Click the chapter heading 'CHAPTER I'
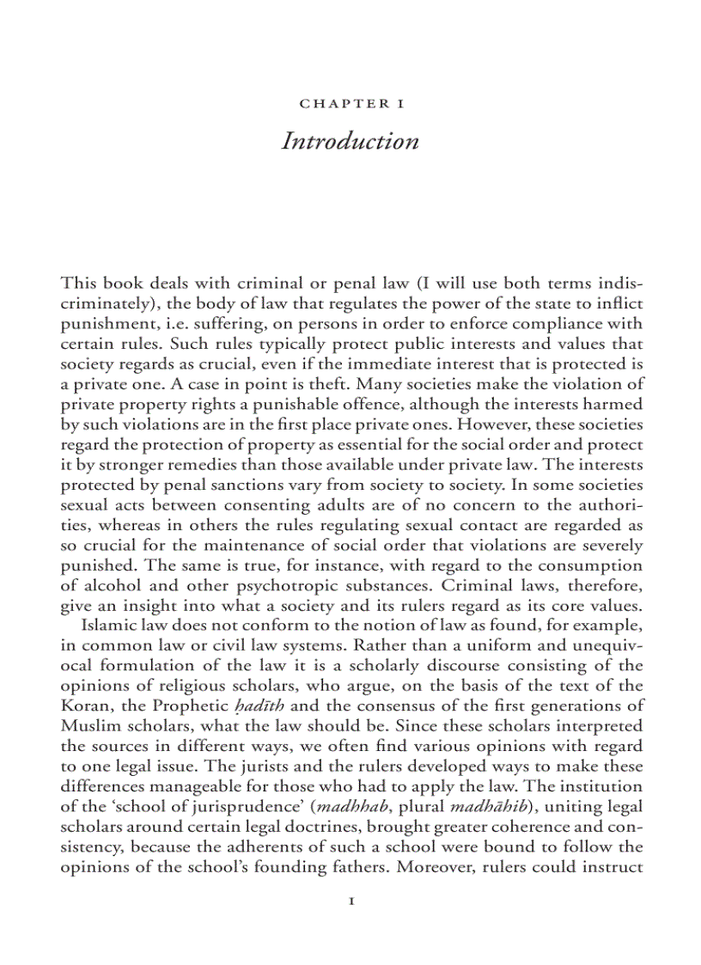click(x=350, y=104)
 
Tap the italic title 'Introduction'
click(x=350, y=141)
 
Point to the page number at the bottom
click(x=350, y=901)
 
